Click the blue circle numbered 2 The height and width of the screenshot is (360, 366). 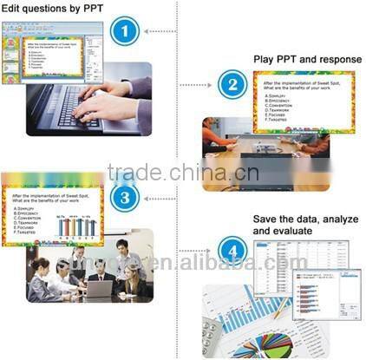pyautogui.click(x=230, y=84)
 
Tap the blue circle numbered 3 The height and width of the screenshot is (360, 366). pyautogui.click(x=125, y=197)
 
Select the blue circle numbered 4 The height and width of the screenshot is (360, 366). pyautogui.click(x=230, y=252)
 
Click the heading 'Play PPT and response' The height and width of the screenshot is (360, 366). pyautogui.click(x=307, y=59)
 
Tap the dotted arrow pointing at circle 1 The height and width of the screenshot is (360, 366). pyautogui.click(x=160, y=32)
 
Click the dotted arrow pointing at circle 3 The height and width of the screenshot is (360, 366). pyautogui.click(x=160, y=197)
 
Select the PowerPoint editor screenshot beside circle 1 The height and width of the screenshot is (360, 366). pyautogui.click(x=52, y=48)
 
